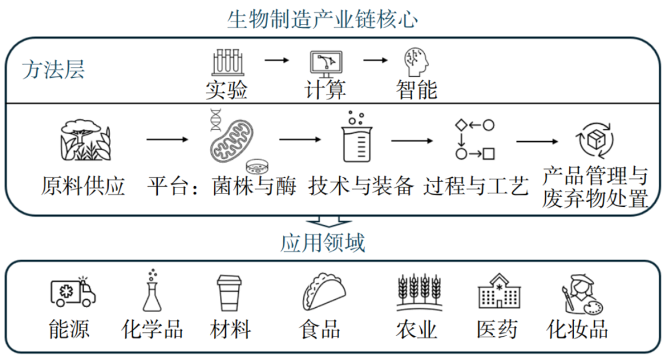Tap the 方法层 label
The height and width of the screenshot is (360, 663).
[53, 69]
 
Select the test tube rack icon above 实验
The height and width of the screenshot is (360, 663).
[227, 62]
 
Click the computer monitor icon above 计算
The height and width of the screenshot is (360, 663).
[325, 63]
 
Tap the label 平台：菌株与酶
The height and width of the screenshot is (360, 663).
[222, 185]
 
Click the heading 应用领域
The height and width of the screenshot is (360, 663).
[323, 243]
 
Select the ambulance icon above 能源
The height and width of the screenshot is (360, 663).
[72, 291]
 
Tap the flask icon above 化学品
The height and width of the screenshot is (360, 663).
[151, 290]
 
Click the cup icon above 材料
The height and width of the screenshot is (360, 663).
[231, 293]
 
